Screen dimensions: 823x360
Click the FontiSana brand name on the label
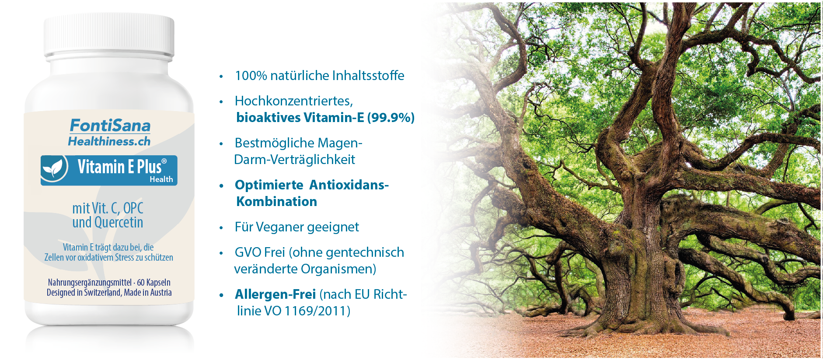pyautogui.click(x=110, y=126)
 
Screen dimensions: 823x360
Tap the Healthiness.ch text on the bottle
pyautogui.click(x=109, y=141)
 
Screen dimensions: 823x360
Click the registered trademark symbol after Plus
pyautogui.click(x=164, y=161)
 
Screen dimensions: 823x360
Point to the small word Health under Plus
pyautogui.click(x=161, y=179)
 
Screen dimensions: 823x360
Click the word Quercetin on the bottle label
pyautogui.click(x=119, y=222)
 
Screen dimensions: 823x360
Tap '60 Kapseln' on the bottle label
pyautogui.click(x=154, y=283)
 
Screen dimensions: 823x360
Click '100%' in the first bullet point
pyautogui.click(x=251, y=76)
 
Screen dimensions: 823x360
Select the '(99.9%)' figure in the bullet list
pyautogui.click(x=391, y=118)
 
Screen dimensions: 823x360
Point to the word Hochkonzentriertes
pyautogui.click(x=294, y=101)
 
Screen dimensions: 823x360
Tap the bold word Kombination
pyautogui.click(x=277, y=202)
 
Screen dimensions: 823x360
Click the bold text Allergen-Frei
pyautogui.click(x=275, y=294)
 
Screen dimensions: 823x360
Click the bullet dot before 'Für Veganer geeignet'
pyautogui.click(x=221, y=228)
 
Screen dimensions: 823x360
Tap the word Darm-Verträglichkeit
pyautogui.click(x=295, y=160)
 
